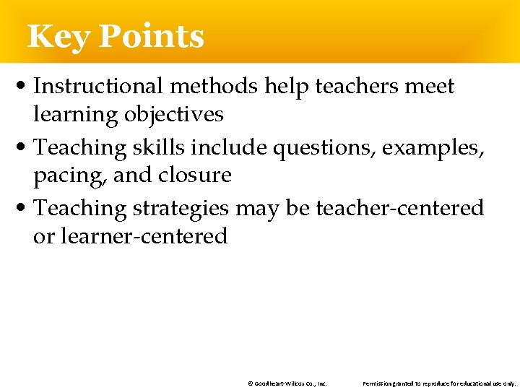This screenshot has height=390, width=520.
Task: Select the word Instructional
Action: click(x=99, y=87)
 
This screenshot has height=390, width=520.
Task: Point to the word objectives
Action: click(x=174, y=115)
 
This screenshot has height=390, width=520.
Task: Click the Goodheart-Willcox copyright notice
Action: click(x=287, y=383)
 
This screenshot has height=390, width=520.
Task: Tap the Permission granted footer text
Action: click(x=439, y=383)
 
